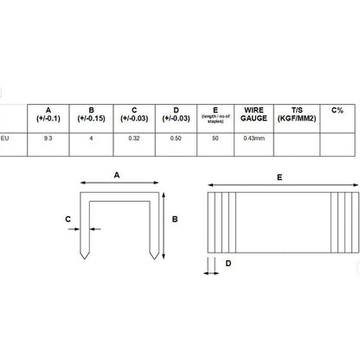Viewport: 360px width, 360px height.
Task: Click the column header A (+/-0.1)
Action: (48, 114)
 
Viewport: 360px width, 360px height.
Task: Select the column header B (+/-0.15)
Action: (91, 114)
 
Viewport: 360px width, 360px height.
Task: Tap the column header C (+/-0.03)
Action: (134, 114)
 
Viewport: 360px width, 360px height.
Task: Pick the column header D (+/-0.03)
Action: (176, 114)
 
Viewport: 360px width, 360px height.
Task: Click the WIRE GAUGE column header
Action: (254, 114)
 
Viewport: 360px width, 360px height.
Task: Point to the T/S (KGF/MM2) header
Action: (297, 114)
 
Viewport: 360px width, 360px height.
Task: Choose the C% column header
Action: (337, 110)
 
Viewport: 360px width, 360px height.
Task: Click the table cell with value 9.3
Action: (48, 138)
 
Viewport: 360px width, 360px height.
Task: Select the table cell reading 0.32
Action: (134, 138)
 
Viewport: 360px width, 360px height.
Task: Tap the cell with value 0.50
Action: (176, 138)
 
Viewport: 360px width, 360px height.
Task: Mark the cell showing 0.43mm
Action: (254, 138)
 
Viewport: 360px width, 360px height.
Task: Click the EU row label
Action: (4, 138)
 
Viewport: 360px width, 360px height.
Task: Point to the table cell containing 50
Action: (215, 138)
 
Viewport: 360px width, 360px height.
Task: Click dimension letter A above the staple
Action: (117, 175)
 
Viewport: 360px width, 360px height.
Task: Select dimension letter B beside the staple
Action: (175, 219)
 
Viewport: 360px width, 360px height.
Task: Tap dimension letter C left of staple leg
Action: (68, 219)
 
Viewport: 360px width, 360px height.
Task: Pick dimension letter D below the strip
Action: (228, 263)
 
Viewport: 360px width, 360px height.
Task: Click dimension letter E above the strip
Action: (280, 177)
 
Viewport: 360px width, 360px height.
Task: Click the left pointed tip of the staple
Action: (85, 259)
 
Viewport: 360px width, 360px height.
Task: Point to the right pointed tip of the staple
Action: (154, 259)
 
